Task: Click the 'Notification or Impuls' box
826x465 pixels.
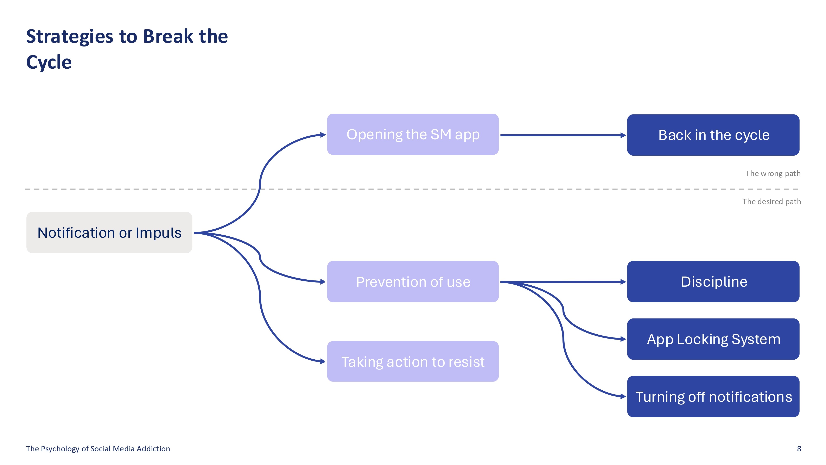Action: (109, 232)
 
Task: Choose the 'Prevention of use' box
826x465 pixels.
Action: (413, 281)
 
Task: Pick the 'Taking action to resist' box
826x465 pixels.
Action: (413, 361)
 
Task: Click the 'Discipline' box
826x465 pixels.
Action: (713, 281)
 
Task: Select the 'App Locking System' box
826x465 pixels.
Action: (713, 339)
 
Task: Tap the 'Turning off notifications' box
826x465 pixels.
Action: (713, 397)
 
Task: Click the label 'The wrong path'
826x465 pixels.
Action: (773, 174)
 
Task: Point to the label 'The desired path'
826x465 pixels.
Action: (771, 201)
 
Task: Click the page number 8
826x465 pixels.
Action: (799, 449)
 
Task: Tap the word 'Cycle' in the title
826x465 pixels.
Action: (49, 62)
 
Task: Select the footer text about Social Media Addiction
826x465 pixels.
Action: (98, 449)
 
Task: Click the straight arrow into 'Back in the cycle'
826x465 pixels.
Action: (563, 135)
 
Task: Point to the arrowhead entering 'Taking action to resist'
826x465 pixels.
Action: (322, 361)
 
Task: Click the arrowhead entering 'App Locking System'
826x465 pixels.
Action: (623, 339)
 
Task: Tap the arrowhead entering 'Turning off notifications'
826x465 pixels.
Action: (623, 397)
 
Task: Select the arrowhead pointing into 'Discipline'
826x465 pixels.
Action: (623, 282)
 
